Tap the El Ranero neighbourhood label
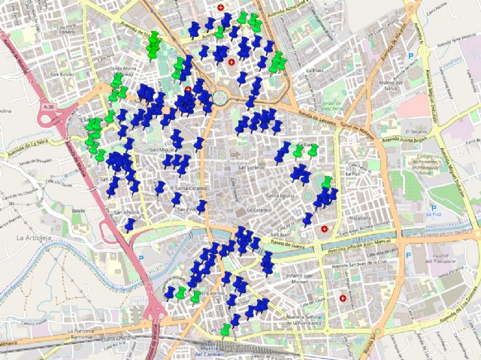click(x=65, y=32)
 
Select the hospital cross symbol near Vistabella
click(x=325, y=228)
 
